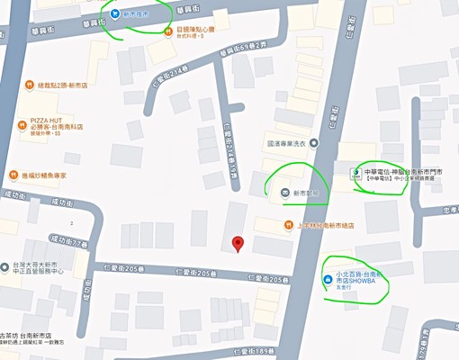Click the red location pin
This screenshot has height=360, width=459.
point(238,243)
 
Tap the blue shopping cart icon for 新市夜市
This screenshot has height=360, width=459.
point(116,13)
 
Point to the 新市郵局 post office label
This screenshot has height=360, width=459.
point(306,193)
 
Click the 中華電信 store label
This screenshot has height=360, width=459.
point(396,170)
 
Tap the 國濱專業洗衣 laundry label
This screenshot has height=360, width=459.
point(288,141)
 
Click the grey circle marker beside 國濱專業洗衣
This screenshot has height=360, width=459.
point(316,141)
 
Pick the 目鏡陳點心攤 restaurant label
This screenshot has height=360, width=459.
point(196,30)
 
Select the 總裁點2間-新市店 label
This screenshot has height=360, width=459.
point(58,85)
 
